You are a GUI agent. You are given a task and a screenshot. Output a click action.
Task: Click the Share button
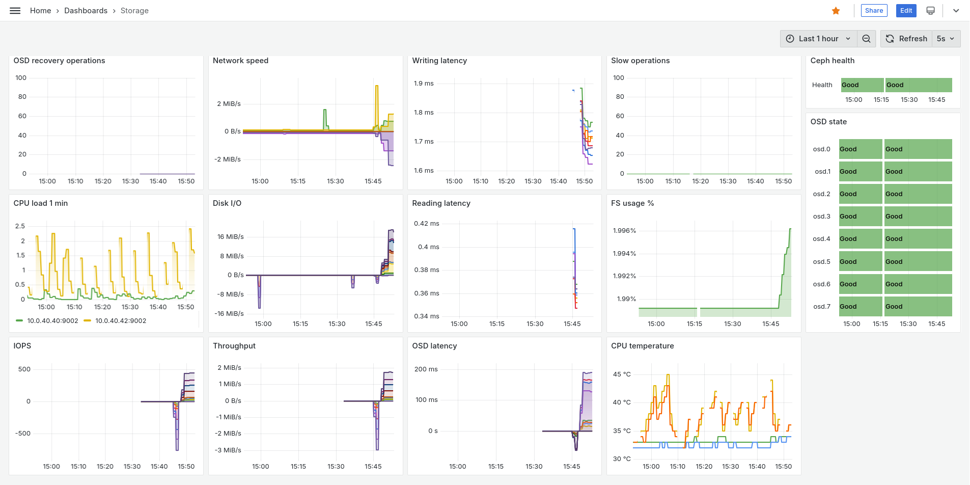click(x=874, y=11)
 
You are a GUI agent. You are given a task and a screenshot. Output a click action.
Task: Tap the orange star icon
click(x=836, y=11)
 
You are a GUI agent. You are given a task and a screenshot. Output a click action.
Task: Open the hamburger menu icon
click(x=15, y=11)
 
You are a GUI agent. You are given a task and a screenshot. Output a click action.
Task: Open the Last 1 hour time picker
click(x=818, y=39)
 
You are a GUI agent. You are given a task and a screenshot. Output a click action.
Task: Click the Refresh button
click(x=906, y=39)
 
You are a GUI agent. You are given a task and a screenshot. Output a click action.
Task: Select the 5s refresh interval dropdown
click(x=946, y=39)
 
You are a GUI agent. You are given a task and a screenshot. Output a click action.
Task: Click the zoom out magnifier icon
click(x=866, y=39)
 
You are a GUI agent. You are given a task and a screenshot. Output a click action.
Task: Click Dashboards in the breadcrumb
click(x=86, y=11)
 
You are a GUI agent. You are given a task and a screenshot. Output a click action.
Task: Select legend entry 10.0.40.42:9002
click(x=121, y=321)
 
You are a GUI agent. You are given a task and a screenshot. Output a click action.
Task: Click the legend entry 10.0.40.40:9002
click(x=52, y=321)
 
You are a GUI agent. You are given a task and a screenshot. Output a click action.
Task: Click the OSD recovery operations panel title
click(x=59, y=61)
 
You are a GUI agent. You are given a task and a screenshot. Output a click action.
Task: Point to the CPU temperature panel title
click(x=642, y=346)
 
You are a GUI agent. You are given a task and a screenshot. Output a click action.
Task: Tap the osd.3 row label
click(x=821, y=217)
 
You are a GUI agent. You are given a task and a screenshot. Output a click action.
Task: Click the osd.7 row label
click(x=821, y=307)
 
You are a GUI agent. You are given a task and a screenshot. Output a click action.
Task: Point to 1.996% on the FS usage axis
click(x=624, y=231)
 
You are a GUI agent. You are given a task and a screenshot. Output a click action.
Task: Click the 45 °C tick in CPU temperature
click(x=622, y=374)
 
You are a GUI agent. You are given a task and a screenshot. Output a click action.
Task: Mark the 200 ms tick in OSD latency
click(x=426, y=369)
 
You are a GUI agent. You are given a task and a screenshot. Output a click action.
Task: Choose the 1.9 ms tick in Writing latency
click(x=424, y=84)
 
